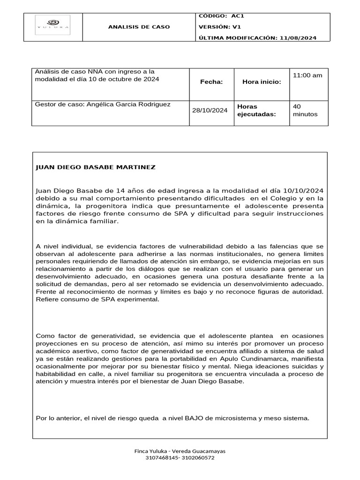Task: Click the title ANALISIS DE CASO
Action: click(x=139, y=27)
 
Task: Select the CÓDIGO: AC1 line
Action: click(x=221, y=16)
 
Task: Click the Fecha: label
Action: click(x=211, y=82)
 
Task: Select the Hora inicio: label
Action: click(x=262, y=82)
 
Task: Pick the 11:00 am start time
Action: click(x=307, y=75)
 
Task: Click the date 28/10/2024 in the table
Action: click(x=210, y=110)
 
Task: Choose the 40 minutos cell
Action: click(x=305, y=110)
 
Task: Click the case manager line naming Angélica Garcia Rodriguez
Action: click(x=103, y=104)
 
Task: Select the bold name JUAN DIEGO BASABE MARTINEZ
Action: click(x=96, y=167)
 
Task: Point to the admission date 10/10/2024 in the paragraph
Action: click(x=301, y=190)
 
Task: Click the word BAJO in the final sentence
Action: click(x=195, y=418)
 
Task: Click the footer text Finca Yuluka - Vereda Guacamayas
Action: click(x=180, y=451)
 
